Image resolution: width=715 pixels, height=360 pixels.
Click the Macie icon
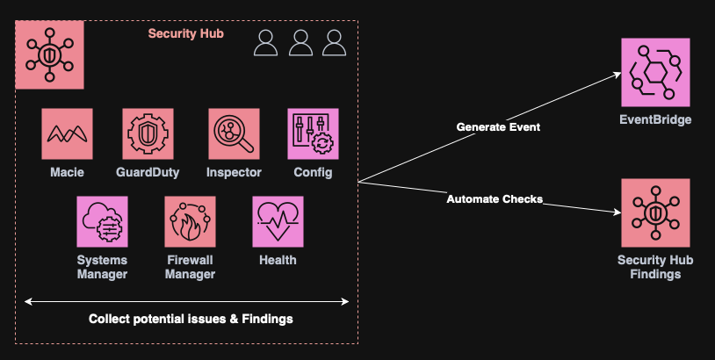click(67, 133)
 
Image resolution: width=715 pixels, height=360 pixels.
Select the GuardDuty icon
click(148, 133)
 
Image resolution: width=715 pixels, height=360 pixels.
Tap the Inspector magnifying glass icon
click(234, 133)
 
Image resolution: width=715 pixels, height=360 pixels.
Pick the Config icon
click(313, 133)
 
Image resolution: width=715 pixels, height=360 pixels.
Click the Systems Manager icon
click(102, 221)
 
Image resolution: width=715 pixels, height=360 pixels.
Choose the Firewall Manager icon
click(190, 221)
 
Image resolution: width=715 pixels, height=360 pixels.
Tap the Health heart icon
click(278, 221)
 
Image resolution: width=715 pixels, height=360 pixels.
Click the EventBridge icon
click(654, 73)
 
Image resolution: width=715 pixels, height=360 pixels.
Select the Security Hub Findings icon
click(654, 212)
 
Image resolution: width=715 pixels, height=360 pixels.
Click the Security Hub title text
click(185, 33)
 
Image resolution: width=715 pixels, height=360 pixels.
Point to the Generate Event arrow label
click(498, 127)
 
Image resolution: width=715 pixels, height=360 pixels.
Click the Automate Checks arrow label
click(495, 199)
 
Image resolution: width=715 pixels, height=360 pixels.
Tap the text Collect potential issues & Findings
click(191, 319)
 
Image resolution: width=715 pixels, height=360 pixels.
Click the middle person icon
click(300, 43)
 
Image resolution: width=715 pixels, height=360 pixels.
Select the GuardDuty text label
click(148, 172)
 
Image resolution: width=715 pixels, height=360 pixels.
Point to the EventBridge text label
click(654, 120)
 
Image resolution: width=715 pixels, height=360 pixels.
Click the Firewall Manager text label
click(190, 267)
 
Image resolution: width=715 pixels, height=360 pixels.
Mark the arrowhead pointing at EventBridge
click(616, 76)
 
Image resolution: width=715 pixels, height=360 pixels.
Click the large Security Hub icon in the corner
click(50, 54)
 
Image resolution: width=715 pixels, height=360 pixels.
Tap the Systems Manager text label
click(102, 267)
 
